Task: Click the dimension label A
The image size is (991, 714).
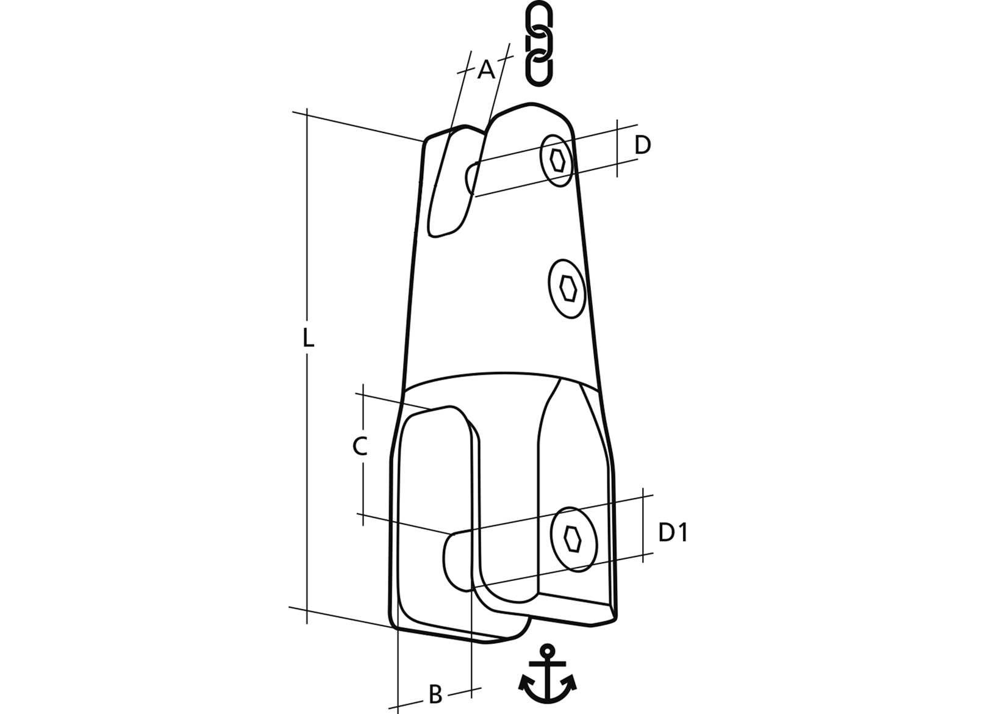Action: [485, 70]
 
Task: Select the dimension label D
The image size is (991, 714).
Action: [643, 145]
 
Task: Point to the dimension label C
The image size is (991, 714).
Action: [360, 447]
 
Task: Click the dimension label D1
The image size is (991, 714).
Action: [673, 533]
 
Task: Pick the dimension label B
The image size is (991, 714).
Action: [435, 694]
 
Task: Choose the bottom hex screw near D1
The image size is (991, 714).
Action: [573, 538]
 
